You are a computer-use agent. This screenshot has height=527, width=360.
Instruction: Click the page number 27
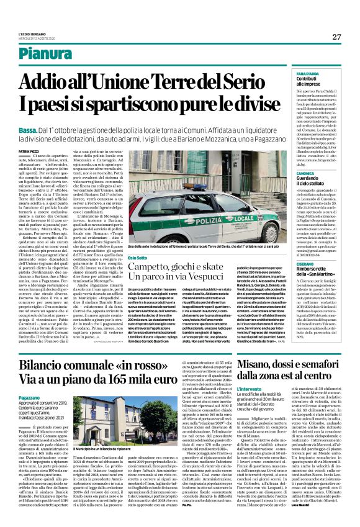pos(336,37)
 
